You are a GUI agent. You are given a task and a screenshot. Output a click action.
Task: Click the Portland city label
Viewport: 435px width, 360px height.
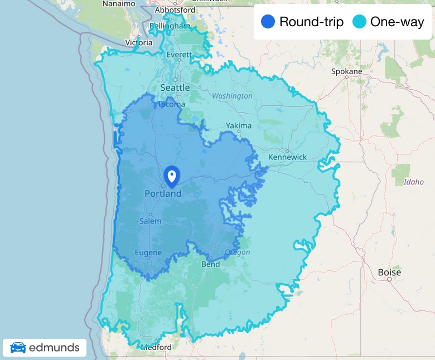click(x=163, y=194)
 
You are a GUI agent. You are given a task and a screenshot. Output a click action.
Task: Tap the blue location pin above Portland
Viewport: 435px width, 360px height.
click(x=172, y=177)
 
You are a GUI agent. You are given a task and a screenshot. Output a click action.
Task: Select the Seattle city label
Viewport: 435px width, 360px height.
click(x=175, y=87)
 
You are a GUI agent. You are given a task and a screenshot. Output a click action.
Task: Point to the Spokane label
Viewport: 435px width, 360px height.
click(x=346, y=71)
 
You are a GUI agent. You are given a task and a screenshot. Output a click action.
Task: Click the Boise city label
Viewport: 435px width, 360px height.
click(x=389, y=273)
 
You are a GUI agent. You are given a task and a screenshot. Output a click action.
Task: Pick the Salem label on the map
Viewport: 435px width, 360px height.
click(x=151, y=221)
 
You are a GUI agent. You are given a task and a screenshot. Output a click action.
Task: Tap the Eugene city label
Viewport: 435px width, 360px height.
click(x=148, y=253)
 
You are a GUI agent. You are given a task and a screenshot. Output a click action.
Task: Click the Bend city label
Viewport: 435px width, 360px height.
click(x=210, y=264)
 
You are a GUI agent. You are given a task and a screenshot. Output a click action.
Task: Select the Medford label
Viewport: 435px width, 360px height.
click(x=157, y=347)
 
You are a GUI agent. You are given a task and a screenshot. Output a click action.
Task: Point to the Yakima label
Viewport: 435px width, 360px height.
click(x=239, y=126)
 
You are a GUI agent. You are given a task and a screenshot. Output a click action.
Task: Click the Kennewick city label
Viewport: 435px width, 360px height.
click(x=287, y=157)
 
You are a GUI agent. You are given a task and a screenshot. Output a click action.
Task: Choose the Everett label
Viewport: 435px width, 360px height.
click(x=180, y=55)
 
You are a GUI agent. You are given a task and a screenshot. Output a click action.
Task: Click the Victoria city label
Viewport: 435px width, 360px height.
click(x=139, y=42)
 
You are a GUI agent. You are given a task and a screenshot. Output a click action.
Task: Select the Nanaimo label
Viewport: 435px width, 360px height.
click(x=119, y=3)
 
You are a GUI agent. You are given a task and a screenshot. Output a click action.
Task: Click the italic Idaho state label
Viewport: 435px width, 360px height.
click(x=413, y=182)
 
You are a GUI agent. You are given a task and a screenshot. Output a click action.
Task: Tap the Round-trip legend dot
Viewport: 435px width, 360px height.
click(x=268, y=22)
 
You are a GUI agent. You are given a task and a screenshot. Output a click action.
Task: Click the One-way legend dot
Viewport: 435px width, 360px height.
click(x=359, y=22)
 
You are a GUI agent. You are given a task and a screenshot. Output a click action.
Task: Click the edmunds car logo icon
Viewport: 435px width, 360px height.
click(x=18, y=348)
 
